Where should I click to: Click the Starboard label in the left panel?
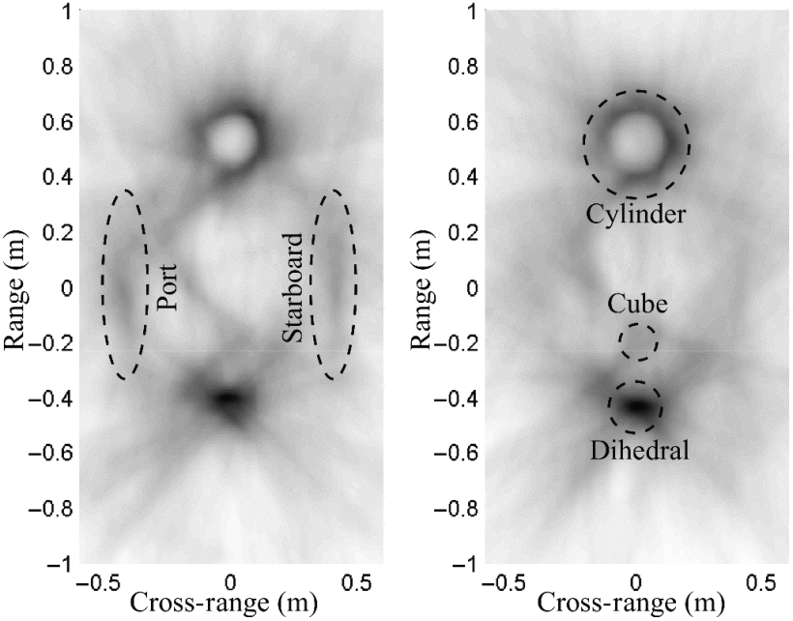click(x=294, y=287)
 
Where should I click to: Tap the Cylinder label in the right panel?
click(x=636, y=214)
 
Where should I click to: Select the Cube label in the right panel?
click(x=635, y=303)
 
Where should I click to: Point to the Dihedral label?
click(x=635, y=449)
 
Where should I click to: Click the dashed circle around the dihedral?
click(x=635, y=407)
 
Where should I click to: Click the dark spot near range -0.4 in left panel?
click(x=228, y=399)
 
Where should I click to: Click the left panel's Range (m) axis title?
click(x=16, y=287)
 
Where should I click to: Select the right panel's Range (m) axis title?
click(x=423, y=287)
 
